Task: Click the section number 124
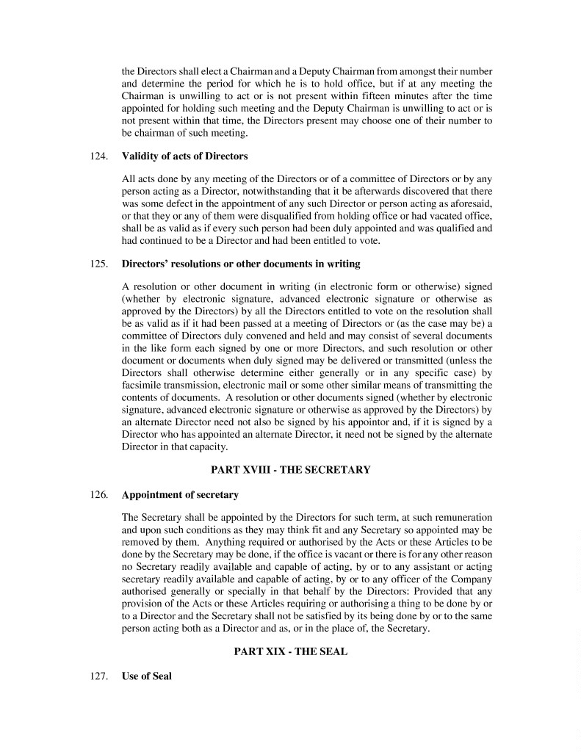(98, 156)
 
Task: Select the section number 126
(98, 495)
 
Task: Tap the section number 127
(98, 676)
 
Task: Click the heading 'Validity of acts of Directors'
(184, 156)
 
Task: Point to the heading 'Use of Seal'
(146, 676)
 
